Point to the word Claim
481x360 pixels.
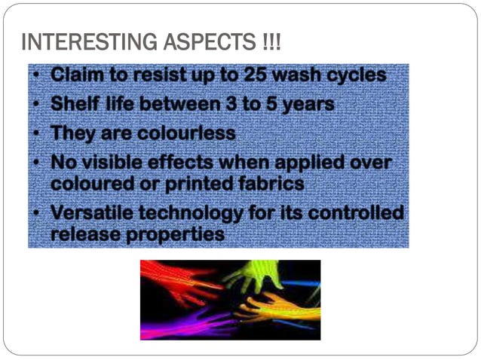tap(81, 75)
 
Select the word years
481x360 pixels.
tap(306, 105)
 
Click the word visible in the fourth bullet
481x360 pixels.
tap(130, 162)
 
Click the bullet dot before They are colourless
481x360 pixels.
tap(37, 133)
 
